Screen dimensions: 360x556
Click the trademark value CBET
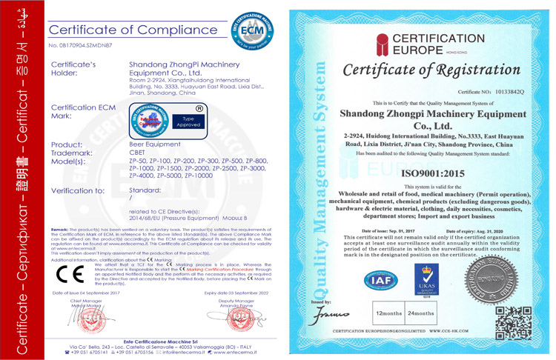tap(138, 152)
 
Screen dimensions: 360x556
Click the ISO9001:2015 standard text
tap(434, 173)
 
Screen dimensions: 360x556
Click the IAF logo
tap(381, 281)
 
